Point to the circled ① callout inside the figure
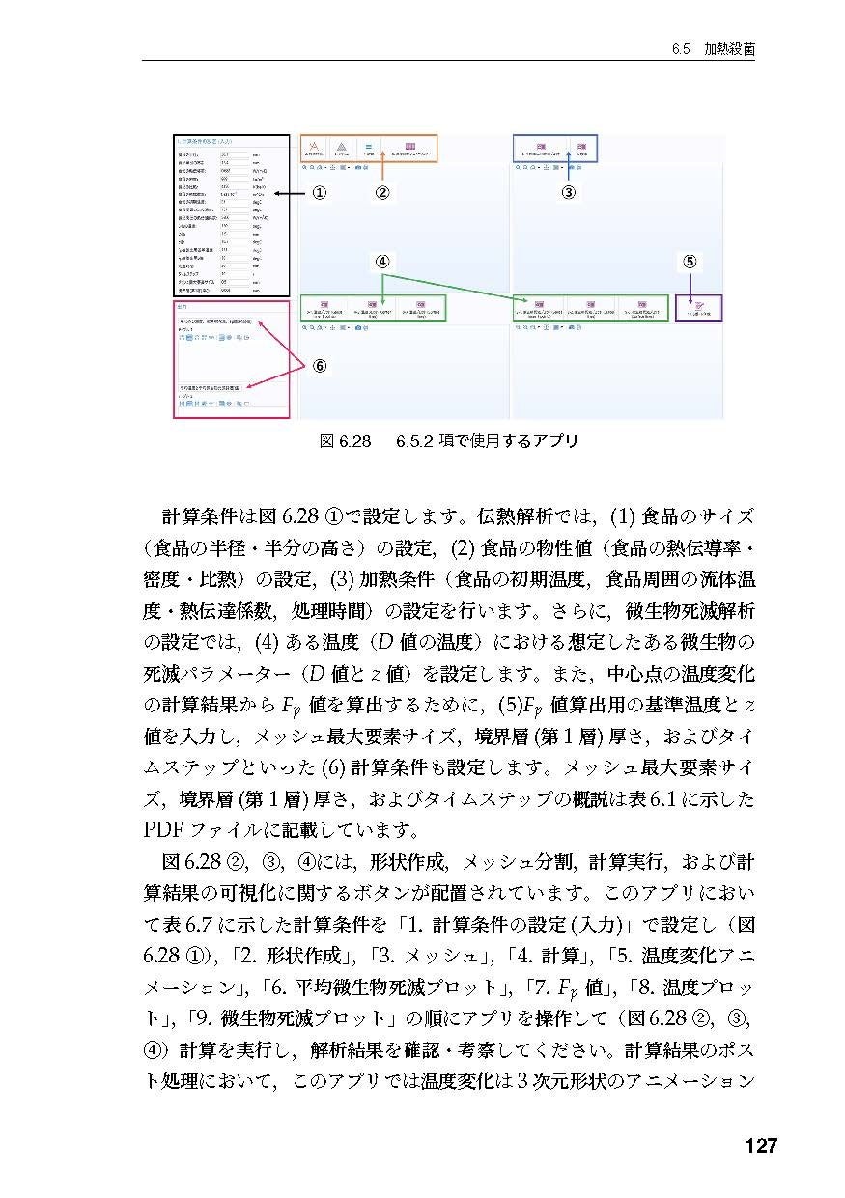319,193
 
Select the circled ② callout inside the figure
382,193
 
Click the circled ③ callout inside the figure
569,193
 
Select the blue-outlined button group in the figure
555,148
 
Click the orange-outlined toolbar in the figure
369,148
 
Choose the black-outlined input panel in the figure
231,215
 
